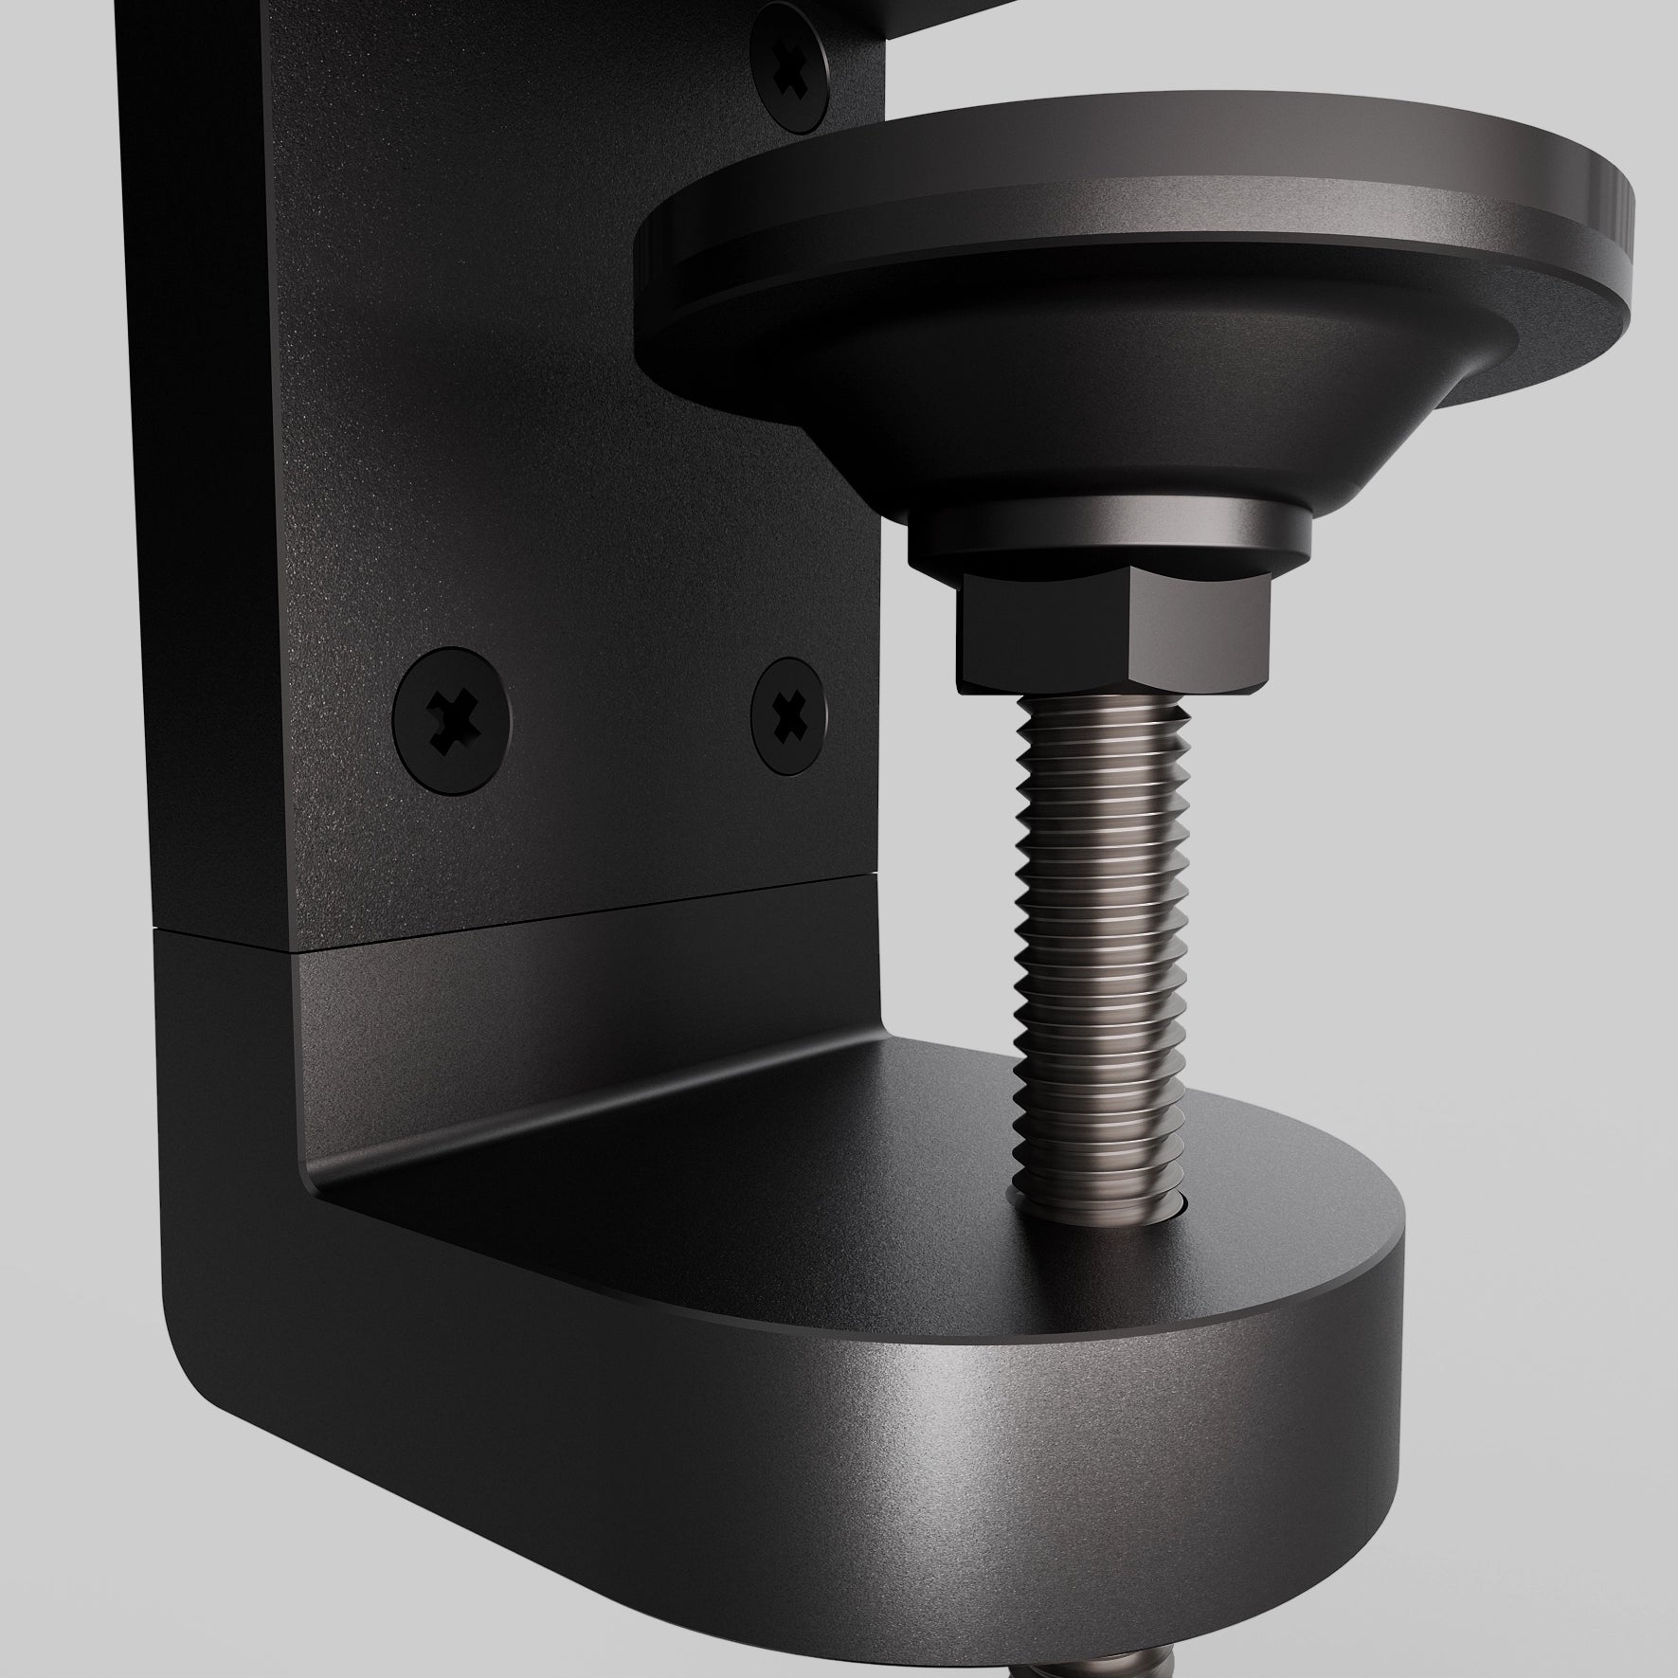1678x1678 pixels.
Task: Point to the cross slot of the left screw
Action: [x=451, y=717]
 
